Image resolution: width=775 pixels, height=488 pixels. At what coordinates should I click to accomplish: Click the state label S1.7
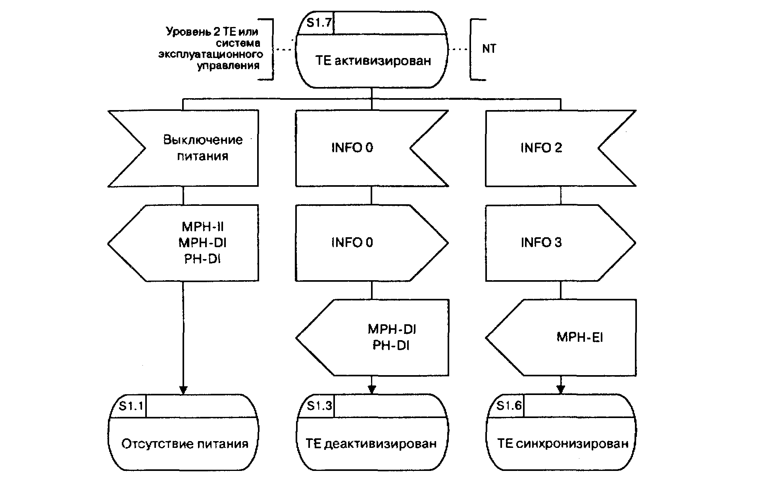pos(319,23)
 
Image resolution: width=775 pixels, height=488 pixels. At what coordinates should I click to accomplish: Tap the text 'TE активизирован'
pos(373,61)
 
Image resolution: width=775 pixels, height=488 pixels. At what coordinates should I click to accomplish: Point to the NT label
pos(489,48)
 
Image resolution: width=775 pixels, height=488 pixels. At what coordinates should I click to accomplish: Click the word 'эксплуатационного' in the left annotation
pos(211,54)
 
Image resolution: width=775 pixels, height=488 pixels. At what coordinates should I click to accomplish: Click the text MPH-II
pos(203,227)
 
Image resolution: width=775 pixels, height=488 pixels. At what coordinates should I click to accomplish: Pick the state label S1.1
pos(131,406)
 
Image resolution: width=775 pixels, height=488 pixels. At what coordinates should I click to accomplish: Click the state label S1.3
pos(319,406)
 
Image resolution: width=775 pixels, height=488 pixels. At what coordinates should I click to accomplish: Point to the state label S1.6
pos(509,406)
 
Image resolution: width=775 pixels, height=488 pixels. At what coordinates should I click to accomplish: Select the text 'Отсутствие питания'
pos(185,444)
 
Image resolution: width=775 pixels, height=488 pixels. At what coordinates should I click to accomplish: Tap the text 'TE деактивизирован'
pos(371,443)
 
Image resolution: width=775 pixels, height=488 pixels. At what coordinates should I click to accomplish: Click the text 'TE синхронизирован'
pos(563,443)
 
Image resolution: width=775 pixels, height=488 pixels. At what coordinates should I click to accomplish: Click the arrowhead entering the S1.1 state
pos(183,390)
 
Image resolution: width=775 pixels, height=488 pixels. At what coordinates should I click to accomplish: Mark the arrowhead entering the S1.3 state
pos(372,389)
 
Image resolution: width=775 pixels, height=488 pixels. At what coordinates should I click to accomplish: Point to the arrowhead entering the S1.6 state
pos(561,389)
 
